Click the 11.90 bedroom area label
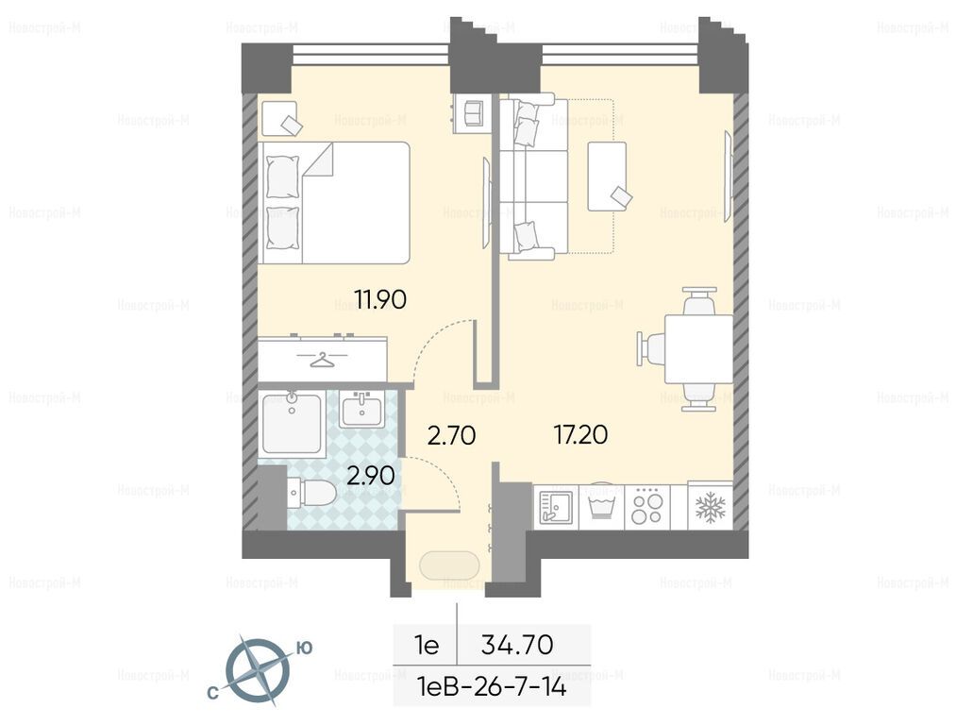[380, 300]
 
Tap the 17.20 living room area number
[580, 435]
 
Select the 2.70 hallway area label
[452, 436]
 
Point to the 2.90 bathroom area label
[370, 476]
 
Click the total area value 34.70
[517, 645]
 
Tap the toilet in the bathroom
[310, 492]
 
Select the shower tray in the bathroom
[292, 423]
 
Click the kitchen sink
[556, 507]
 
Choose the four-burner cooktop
[646, 507]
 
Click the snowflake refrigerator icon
[711, 507]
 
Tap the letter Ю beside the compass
[304, 648]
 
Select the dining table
[698, 348]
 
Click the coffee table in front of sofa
[607, 177]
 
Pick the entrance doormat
[449, 565]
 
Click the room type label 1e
[427, 645]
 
